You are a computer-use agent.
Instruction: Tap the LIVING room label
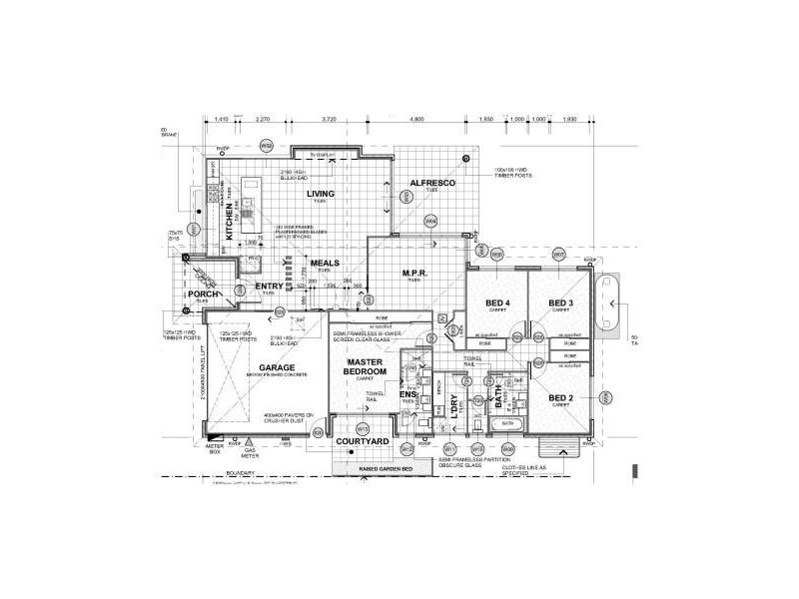coord(321,194)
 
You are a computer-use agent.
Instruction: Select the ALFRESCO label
coord(432,185)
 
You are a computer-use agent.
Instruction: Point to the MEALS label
coord(325,263)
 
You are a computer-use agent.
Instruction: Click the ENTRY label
coord(270,287)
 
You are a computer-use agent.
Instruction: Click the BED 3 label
coord(559,302)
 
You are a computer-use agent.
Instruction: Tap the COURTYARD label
coord(362,441)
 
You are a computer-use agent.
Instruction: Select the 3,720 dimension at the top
coord(329,119)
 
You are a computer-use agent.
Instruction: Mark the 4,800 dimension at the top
coord(417,119)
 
